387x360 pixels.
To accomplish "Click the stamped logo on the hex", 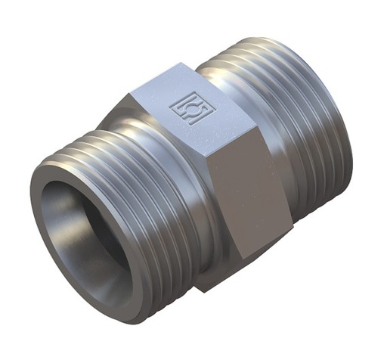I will pyautogui.click(x=193, y=107).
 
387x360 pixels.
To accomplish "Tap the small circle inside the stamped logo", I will pyautogui.click(x=193, y=108).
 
